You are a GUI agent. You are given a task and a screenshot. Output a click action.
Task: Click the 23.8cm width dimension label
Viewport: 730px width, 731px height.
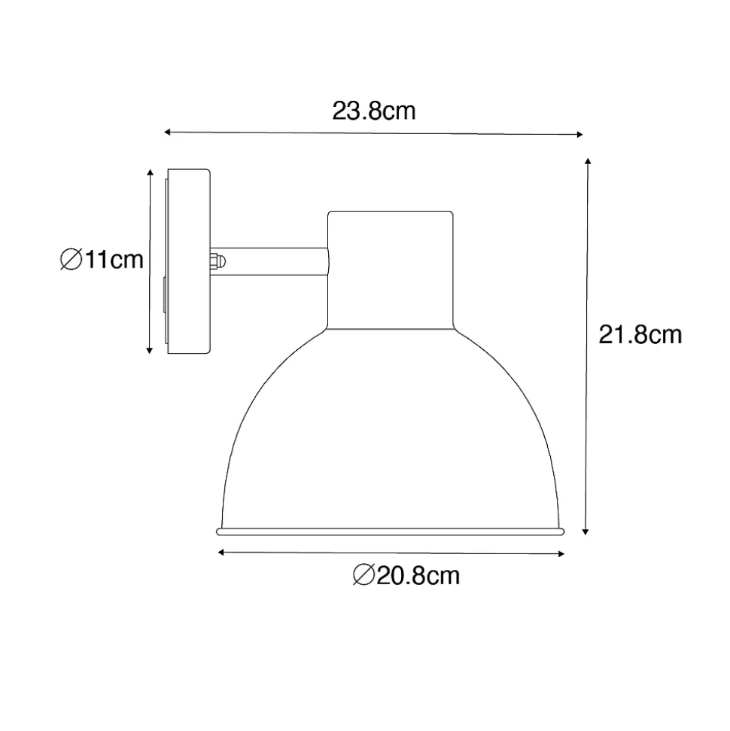click(374, 111)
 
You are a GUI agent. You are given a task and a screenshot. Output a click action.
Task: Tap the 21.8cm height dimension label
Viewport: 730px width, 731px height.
click(640, 335)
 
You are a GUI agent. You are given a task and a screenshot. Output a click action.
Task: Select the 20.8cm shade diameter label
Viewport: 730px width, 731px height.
click(406, 575)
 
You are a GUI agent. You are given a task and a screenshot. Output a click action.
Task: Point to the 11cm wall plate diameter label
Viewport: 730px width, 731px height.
click(102, 260)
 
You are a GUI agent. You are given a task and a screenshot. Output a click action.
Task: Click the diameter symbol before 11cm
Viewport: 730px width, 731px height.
click(71, 260)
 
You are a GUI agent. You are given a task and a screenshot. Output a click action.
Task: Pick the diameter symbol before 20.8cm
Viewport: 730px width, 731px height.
click(364, 575)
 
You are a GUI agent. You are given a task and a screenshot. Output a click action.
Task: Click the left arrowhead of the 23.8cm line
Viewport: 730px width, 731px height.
click(167, 132)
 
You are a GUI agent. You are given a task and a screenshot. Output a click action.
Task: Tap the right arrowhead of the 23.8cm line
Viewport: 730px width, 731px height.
click(580, 135)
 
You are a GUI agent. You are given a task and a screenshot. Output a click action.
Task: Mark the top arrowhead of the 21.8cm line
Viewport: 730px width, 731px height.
click(589, 161)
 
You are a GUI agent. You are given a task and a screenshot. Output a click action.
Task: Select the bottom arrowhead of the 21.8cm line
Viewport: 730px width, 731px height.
click(586, 532)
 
